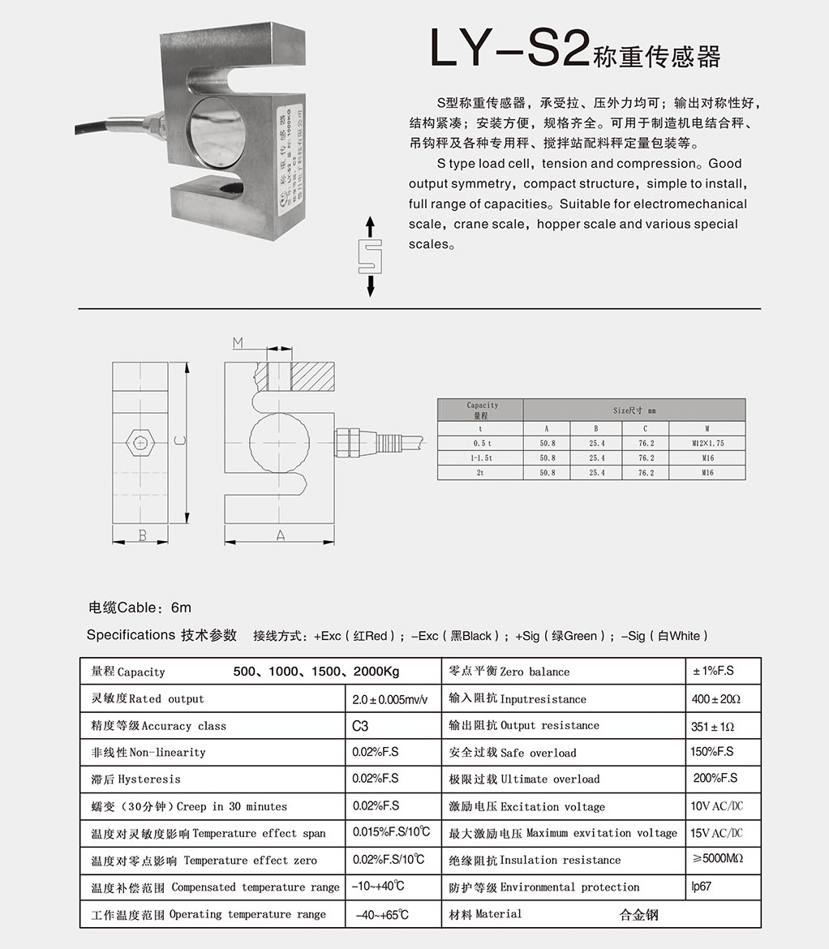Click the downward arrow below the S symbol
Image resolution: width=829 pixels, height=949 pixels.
[x=370, y=286]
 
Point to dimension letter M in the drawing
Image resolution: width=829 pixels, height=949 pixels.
[x=238, y=343]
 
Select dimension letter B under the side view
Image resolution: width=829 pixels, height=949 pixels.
[x=142, y=535]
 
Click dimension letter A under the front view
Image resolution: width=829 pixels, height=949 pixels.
[x=280, y=535]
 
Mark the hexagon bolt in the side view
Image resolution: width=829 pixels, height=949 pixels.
[x=141, y=443]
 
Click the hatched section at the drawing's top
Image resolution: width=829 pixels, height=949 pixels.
[x=312, y=379]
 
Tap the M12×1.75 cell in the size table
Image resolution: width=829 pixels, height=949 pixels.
[x=707, y=444]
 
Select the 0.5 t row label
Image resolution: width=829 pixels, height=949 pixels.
[x=480, y=444]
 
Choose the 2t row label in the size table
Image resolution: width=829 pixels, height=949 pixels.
[x=480, y=472]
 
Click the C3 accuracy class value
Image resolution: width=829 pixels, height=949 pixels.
[x=360, y=726]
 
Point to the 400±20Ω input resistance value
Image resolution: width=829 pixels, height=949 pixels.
[x=715, y=698]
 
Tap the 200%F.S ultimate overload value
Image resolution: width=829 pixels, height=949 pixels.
[x=715, y=779]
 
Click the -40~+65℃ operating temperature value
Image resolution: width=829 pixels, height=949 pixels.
[x=382, y=915]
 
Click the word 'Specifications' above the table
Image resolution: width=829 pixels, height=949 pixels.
[x=131, y=635]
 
